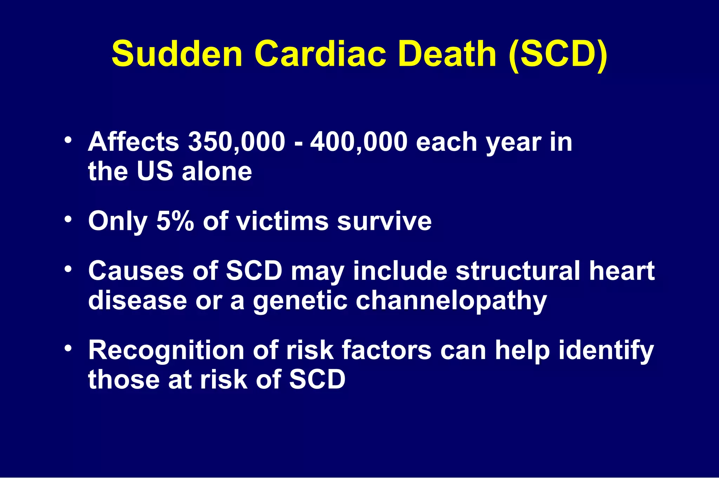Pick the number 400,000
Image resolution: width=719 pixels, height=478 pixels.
click(359, 142)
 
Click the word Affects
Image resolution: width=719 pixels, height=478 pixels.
click(133, 142)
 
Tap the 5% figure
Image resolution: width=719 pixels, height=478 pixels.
click(175, 221)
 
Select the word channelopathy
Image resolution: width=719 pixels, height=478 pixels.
click(451, 301)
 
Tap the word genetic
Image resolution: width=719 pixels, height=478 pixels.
click(300, 301)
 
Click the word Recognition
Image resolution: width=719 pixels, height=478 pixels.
click(166, 350)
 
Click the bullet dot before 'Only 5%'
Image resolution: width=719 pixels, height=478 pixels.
click(68, 219)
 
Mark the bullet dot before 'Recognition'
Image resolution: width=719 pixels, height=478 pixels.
click(68, 348)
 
